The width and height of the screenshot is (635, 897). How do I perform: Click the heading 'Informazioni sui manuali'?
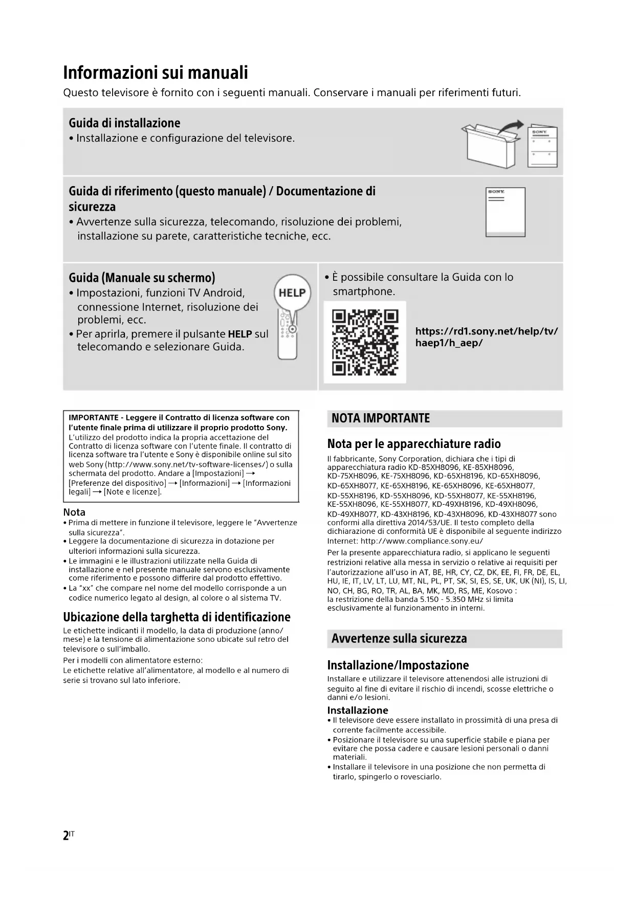155,73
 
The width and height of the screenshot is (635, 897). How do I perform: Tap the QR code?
365,342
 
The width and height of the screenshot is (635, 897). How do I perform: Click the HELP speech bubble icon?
293,293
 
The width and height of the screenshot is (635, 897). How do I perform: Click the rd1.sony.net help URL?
486,337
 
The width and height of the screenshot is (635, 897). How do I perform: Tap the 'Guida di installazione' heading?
124,123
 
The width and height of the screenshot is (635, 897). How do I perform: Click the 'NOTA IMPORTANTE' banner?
381,418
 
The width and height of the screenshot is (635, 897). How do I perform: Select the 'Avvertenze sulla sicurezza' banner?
399,639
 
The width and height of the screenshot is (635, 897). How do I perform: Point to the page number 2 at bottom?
66,836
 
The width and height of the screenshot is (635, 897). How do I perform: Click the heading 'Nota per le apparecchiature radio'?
413,444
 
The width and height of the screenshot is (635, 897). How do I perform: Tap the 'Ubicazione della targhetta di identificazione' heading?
177,617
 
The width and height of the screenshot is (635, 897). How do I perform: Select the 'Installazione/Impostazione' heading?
398,665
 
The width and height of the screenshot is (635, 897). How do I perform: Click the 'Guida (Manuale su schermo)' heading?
142,278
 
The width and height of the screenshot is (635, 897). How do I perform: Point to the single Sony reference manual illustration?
505,212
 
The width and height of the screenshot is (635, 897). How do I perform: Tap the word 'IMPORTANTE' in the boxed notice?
94,418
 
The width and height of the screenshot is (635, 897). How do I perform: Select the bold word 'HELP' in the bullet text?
240,334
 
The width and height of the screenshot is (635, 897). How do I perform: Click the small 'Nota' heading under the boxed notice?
74,512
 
